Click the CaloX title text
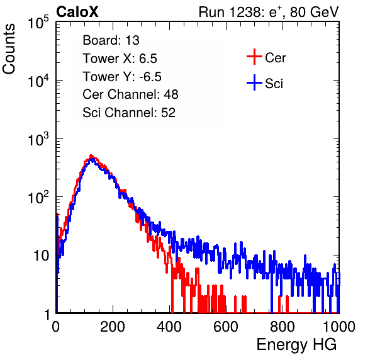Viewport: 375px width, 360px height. tap(77, 12)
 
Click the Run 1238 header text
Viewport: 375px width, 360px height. tap(269, 12)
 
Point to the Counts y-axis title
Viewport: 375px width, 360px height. tap(9, 49)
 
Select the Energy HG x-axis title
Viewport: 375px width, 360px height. tap(296, 345)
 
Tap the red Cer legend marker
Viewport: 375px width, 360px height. tap(254, 57)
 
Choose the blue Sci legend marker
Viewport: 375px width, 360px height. tap(254, 82)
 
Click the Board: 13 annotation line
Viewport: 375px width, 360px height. tap(111, 40)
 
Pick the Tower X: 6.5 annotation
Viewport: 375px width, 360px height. tap(120, 59)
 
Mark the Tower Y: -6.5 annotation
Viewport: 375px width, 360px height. tap(122, 77)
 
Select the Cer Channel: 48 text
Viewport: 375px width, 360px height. tap(130, 94)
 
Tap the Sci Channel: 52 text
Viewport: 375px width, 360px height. tap(129, 113)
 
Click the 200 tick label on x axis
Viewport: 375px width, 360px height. tap(113, 327)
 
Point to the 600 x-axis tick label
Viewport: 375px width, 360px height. tap(226, 327)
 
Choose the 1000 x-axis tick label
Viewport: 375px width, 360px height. tap(339, 327)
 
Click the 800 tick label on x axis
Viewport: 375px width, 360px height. tap(283, 327)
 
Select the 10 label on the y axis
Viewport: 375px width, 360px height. tap(42, 256)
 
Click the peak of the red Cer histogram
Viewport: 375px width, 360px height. tap(91, 156)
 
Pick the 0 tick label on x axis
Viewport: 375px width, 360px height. tap(56, 327)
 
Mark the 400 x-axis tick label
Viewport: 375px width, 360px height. tap(169, 327)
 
